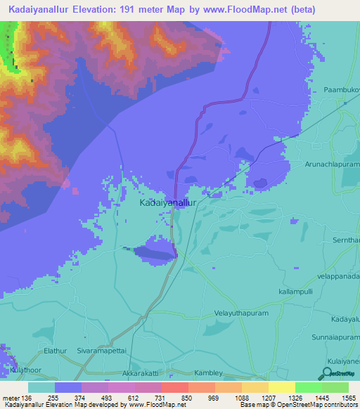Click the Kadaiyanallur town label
click(x=167, y=202)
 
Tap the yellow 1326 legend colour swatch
click(x=281, y=387)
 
